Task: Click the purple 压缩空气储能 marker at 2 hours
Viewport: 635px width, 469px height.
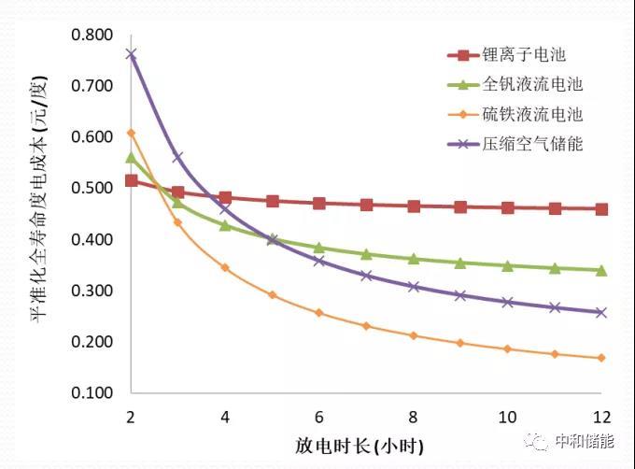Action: pyautogui.click(x=131, y=54)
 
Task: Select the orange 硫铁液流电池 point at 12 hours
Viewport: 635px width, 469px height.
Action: pyautogui.click(x=600, y=358)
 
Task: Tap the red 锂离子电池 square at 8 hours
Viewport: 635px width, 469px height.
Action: pyautogui.click(x=413, y=206)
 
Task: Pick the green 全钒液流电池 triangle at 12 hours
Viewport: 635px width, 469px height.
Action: pyautogui.click(x=600, y=270)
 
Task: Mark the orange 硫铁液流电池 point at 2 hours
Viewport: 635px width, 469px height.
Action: pyautogui.click(x=131, y=133)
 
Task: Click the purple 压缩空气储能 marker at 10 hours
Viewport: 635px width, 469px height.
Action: pyautogui.click(x=507, y=302)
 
